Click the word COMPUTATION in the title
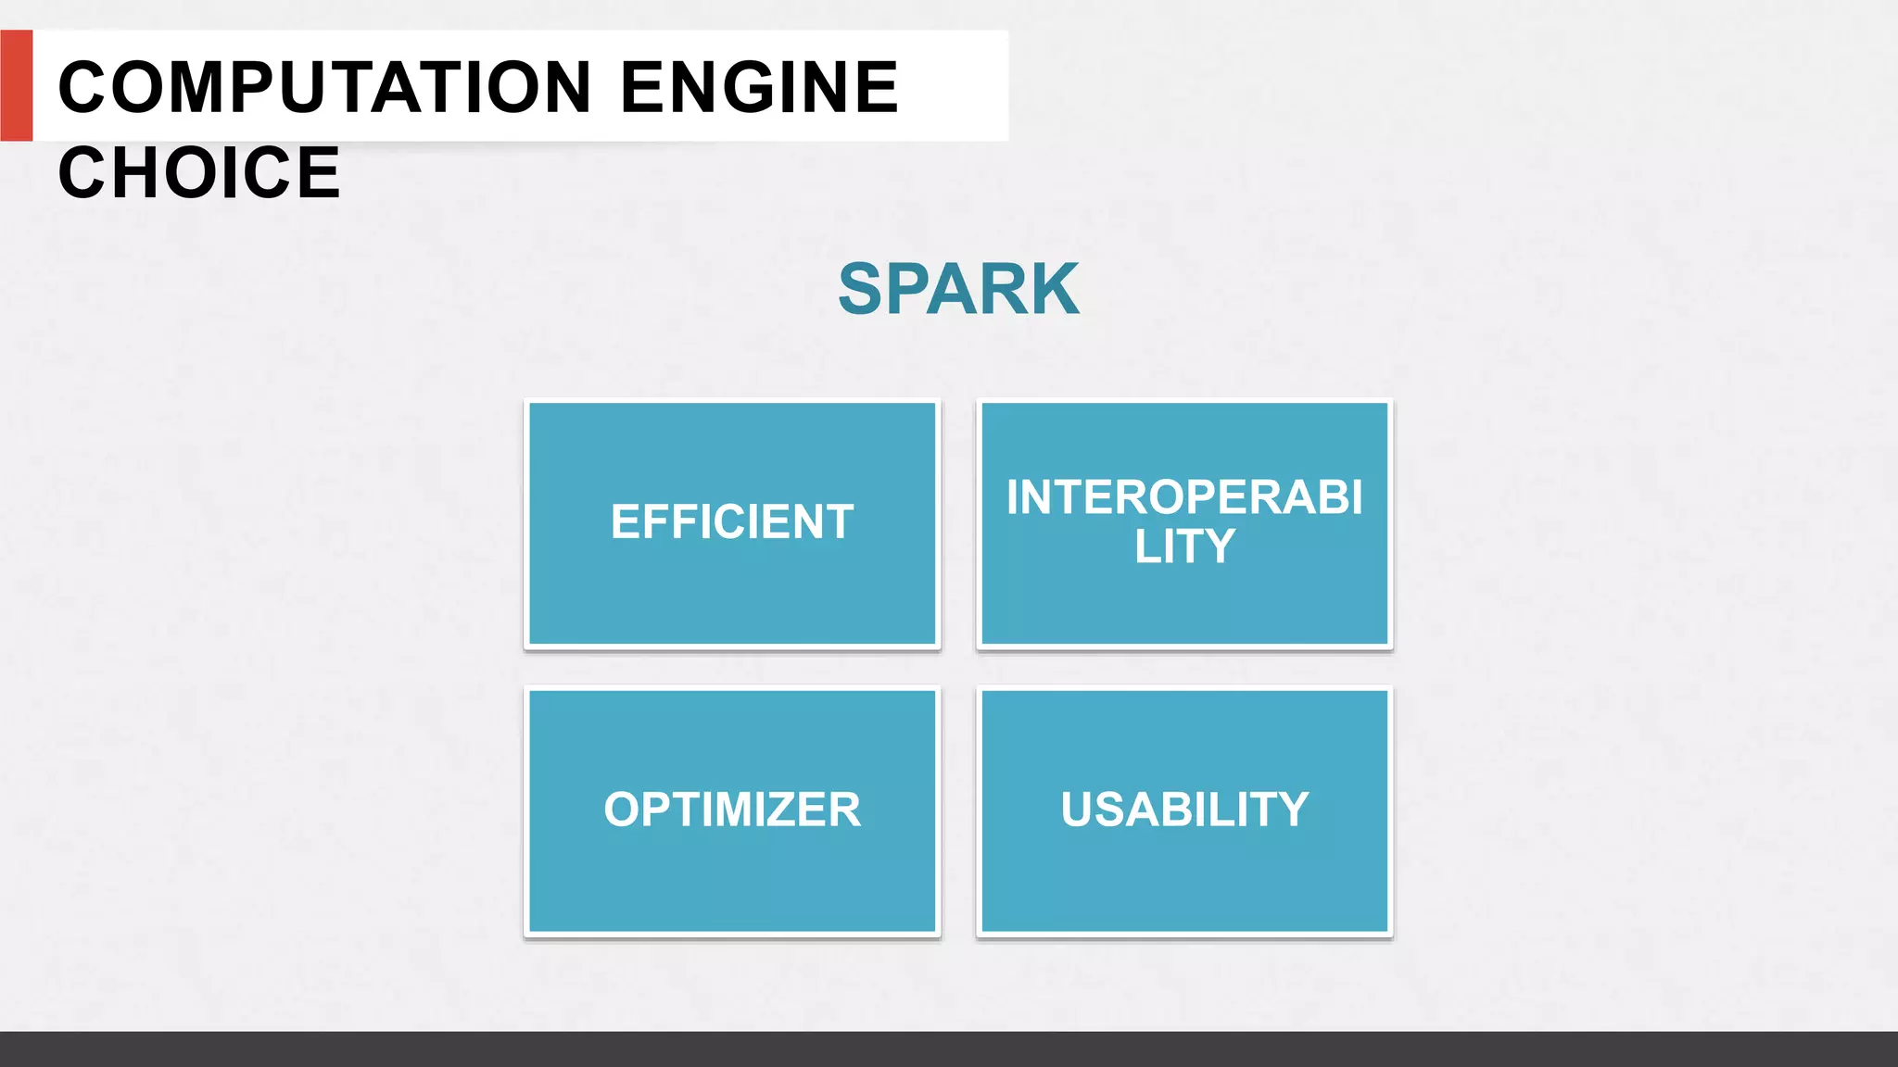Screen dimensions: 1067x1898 coord(324,87)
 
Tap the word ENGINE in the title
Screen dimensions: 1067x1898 coord(759,87)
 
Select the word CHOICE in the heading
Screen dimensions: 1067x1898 coord(199,172)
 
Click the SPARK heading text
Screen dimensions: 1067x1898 coord(958,289)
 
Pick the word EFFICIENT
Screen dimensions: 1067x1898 coord(732,521)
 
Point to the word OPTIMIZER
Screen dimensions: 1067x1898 coord(732,810)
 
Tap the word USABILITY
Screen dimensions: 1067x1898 coord(1184,810)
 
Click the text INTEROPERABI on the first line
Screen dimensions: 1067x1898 coord(1184,497)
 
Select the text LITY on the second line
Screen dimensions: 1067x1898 coord(1184,546)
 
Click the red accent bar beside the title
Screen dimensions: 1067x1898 coord(16,85)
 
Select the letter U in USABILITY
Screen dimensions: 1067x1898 coord(1078,810)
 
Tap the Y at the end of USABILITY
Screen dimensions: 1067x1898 coord(1291,810)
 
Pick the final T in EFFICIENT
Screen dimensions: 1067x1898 coord(840,521)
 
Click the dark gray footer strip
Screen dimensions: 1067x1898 coord(949,1048)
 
